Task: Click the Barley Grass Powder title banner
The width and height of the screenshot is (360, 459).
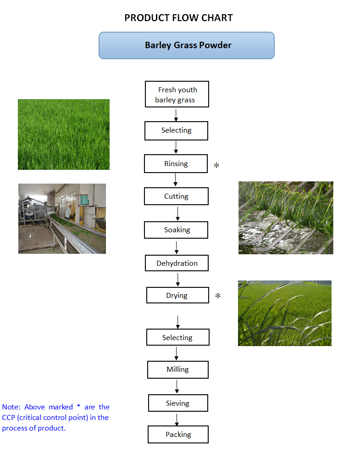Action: tap(186, 45)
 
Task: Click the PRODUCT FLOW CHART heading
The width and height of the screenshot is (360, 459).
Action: tap(178, 18)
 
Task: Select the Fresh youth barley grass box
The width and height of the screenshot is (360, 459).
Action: tap(177, 95)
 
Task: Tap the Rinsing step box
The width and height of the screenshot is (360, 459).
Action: tap(176, 164)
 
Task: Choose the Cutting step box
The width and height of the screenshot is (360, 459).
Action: tap(176, 196)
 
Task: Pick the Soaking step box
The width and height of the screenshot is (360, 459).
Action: tap(177, 230)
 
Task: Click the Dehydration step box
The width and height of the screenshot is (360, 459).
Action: tap(177, 263)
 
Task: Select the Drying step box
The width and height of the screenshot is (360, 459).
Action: tap(177, 295)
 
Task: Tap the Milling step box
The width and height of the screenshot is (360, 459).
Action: tap(177, 369)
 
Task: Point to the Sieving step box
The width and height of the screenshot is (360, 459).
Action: tap(177, 403)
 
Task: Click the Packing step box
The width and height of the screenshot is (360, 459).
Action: tap(178, 434)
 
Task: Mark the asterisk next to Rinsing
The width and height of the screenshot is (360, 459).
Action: tap(216, 165)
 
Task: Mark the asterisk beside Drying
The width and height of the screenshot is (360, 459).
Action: tap(218, 296)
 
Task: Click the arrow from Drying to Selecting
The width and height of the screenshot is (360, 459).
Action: tap(177, 322)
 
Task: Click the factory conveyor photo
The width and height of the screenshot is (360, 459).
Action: tap(62, 218)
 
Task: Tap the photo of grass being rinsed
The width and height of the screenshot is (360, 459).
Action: tap(285, 218)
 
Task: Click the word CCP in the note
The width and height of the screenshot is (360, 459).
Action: tap(9, 418)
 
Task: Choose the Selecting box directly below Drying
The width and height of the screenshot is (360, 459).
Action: tap(177, 338)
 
